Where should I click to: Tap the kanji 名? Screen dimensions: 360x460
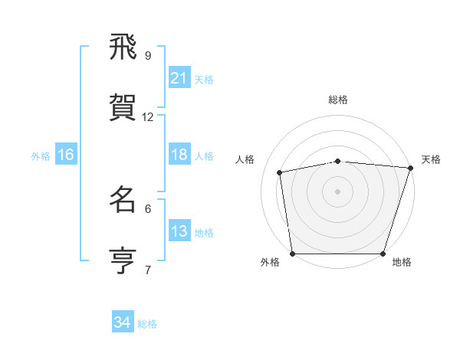(123, 200)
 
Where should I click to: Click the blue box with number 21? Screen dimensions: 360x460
(179, 78)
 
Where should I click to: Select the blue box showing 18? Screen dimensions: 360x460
(179, 155)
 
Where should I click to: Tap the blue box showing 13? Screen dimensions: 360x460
(179, 231)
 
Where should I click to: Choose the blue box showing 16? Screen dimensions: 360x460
(65, 155)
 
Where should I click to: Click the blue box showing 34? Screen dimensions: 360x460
(122, 322)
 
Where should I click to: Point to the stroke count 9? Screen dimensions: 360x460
(148, 55)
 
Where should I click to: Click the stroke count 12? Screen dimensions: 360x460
(148, 117)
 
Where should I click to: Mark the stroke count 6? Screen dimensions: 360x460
(148, 208)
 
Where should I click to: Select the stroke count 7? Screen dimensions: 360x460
(148, 270)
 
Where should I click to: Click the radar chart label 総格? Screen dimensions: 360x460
(338, 100)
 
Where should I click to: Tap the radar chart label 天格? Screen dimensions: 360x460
(431, 159)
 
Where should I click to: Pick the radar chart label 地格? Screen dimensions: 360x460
(402, 263)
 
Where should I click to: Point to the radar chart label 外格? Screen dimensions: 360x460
(270, 263)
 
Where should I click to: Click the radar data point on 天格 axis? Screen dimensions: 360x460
(410, 168)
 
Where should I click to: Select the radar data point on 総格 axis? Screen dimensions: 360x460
(338, 161)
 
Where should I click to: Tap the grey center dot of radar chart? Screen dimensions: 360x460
(338, 191)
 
